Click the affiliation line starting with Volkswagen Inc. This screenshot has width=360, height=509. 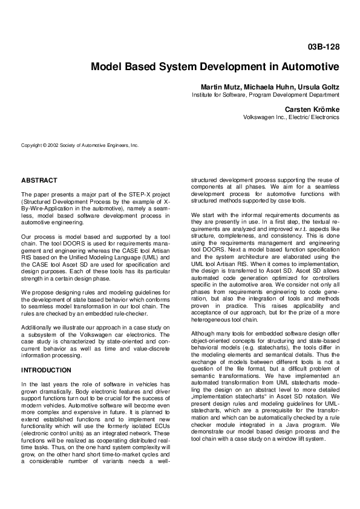291,117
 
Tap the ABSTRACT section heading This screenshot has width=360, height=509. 39,180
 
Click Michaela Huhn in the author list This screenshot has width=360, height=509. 266,87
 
